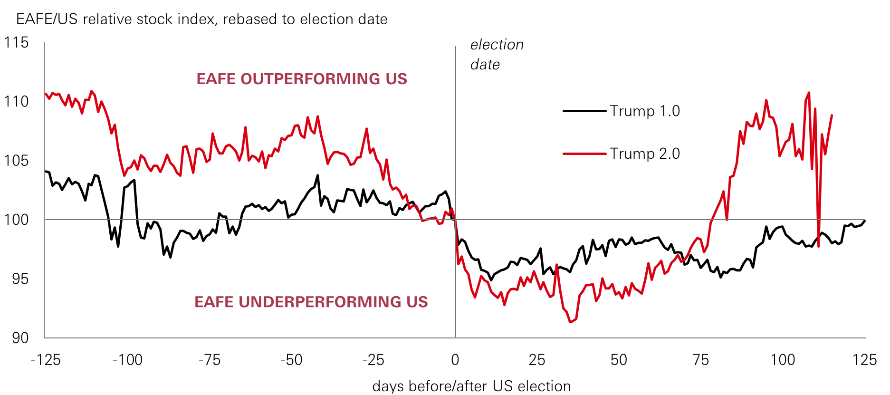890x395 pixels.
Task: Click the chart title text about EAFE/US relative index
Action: click(x=201, y=19)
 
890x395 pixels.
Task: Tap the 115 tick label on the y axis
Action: click(x=17, y=43)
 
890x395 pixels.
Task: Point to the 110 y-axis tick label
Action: click(x=17, y=102)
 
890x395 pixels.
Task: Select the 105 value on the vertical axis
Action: click(x=17, y=161)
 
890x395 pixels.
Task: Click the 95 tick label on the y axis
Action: click(x=20, y=279)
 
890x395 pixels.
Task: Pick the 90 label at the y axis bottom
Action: click(x=20, y=338)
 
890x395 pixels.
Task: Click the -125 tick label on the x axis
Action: click(x=46, y=360)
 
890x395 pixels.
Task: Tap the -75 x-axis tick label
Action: click(x=210, y=360)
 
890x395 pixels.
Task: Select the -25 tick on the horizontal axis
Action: click(x=373, y=360)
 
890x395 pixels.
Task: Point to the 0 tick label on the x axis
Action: click(x=455, y=360)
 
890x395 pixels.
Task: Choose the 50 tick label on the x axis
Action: click(x=619, y=360)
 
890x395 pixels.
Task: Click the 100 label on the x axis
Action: click(x=783, y=360)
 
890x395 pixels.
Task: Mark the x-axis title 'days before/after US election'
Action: click(x=471, y=386)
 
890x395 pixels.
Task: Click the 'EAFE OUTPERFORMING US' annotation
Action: click(x=302, y=79)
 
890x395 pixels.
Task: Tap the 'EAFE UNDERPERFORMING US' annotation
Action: click(x=311, y=302)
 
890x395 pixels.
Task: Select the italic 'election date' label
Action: click(x=497, y=54)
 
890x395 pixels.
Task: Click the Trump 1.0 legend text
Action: click(x=645, y=111)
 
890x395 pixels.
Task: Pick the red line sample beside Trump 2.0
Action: click(x=584, y=154)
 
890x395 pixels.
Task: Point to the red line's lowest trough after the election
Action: click(x=570, y=322)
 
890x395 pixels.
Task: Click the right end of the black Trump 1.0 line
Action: click(x=865, y=221)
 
